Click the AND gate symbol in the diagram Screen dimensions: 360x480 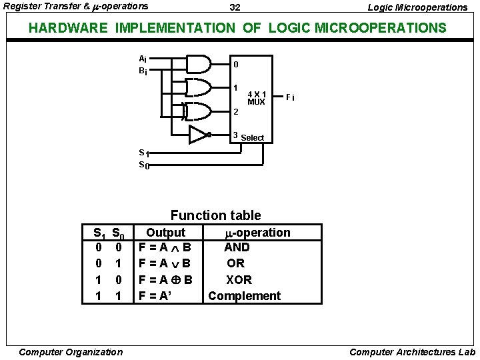[x=198, y=65]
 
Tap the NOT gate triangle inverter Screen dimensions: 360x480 [x=198, y=135]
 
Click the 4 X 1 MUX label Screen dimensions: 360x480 [x=256, y=98]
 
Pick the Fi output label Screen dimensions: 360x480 [x=290, y=98]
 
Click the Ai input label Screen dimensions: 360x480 [x=143, y=58]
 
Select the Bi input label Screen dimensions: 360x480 [x=143, y=70]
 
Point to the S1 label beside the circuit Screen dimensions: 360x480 [x=143, y=153]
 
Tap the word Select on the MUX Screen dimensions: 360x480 [x=252, y=138]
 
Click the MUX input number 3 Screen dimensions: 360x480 [x=235, y=135]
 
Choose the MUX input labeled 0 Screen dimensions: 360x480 [x=235, y=65]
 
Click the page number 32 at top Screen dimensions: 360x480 [x=235, y=7]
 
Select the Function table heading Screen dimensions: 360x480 [x=215, y=215]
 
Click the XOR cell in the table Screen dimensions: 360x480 [x=239, y=279]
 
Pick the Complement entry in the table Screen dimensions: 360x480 [x=244, y=295]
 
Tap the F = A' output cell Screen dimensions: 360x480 [x=155, y=295]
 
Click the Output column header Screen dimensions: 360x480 [x=165, y=232]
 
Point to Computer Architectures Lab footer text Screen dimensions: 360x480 [x=412, y=352]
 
